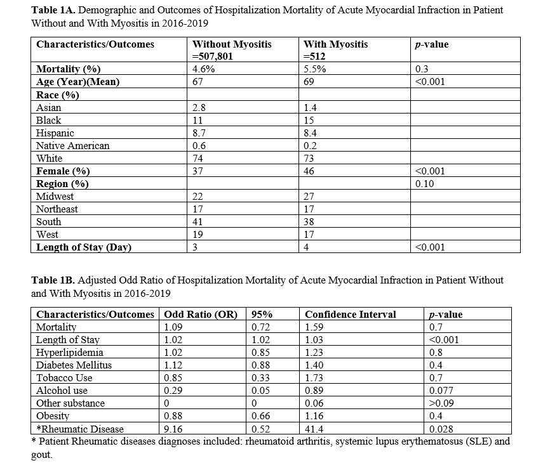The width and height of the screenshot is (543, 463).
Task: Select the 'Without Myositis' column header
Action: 232,44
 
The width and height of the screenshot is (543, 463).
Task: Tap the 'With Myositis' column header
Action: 336,44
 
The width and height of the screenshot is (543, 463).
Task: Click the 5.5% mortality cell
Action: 315,69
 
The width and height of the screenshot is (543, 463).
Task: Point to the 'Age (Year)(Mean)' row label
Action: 78,82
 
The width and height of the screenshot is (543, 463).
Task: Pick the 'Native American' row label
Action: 73,145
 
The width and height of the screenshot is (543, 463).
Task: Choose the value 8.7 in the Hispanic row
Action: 199,133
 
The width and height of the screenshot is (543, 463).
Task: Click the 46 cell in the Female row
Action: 310,171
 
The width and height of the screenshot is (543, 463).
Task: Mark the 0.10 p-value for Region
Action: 424,184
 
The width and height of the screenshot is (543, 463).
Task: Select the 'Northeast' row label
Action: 58,209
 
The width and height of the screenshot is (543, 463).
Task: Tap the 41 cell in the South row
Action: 198,222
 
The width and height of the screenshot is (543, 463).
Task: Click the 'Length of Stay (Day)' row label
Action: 84,247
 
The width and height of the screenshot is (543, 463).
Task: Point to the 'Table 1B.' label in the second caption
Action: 51,280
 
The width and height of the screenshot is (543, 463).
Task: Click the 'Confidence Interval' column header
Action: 350,315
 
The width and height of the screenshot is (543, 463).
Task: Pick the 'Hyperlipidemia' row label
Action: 70,353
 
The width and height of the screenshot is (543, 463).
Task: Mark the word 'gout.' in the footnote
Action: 41,453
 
